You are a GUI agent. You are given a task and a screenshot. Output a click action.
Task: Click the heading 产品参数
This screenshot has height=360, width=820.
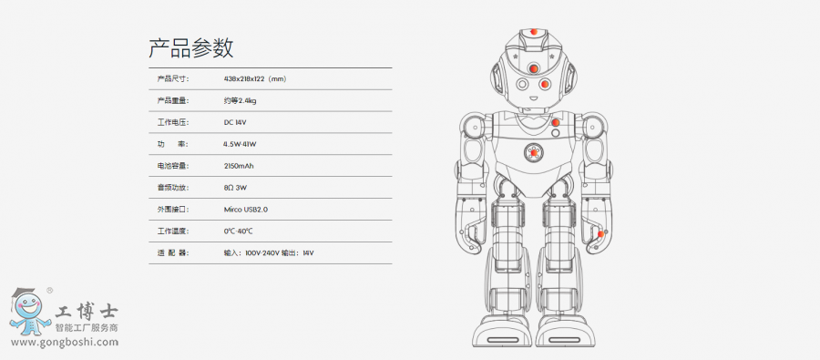click(191, 48)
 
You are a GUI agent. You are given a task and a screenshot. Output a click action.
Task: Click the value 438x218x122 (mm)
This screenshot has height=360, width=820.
click(255, 79)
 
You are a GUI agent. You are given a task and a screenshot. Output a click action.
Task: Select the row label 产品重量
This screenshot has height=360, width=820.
click(172, 101)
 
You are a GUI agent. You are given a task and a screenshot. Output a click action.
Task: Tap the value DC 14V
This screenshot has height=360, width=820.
click(235, 122)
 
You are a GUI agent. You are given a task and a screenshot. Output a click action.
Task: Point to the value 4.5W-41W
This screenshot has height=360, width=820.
click(240, 144)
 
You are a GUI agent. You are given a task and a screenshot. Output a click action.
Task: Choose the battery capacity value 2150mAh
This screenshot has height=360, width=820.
click(239, 166)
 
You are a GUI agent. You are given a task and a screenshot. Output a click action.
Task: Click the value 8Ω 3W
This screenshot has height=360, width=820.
click(235, 188)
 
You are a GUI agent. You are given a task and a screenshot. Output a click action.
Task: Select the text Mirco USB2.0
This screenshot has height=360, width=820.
click(246, 210)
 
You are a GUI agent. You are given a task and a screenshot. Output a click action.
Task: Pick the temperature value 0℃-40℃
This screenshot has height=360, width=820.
click(238, 231)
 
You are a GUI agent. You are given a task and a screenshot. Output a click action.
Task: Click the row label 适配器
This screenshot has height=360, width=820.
click(172, 253)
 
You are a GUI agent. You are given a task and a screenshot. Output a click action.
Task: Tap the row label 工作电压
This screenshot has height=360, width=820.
click(172, 122)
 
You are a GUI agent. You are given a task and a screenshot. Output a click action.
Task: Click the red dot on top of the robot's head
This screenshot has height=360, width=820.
click(533, 32)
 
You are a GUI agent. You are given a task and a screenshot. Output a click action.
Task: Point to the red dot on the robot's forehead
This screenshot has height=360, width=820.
click(533, 68)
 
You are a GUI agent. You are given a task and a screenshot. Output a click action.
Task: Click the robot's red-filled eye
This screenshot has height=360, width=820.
click(544, 84)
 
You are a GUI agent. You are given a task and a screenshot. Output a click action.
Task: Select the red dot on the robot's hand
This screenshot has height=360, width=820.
click(601, 233)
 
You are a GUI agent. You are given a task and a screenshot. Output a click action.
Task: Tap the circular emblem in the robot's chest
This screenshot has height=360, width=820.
click(533, 153)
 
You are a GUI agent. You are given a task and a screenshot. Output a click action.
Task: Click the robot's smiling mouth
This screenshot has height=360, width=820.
click(533, 98)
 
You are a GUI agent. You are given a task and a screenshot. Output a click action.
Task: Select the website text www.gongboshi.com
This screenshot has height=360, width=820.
click(65, 343)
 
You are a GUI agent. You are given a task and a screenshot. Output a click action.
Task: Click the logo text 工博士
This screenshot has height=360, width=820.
click(87, 313)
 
